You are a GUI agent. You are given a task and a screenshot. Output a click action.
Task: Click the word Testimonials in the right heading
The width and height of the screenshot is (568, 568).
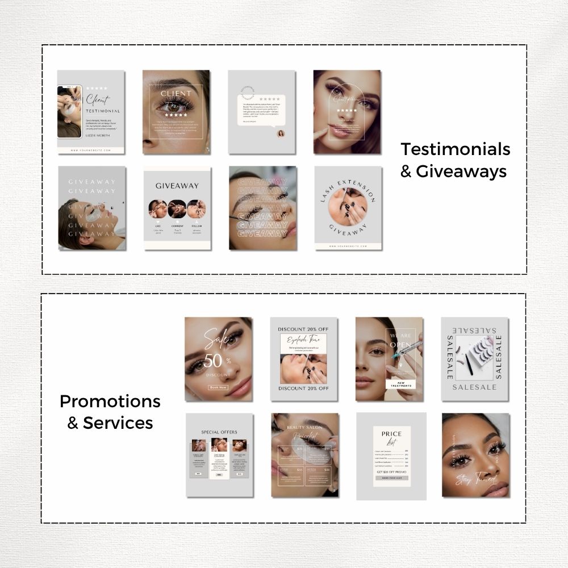pos(456,149)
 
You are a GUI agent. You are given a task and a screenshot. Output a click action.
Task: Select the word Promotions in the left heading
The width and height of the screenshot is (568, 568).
pos(110,402)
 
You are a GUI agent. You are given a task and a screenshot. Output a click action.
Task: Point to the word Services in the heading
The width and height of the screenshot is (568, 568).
pos(118,423)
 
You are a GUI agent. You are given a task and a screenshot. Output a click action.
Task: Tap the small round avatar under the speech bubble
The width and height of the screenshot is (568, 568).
pos(281,134)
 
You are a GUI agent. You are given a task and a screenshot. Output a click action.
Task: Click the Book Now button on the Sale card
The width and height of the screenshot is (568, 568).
pos(218,387)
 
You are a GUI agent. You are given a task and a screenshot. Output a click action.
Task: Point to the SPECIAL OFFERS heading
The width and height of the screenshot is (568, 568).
pos(219,432)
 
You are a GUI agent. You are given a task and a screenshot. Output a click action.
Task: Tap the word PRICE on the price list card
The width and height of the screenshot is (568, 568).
pos(391,434)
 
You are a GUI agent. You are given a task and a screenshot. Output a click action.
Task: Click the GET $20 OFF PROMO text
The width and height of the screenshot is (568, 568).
pos(391,471)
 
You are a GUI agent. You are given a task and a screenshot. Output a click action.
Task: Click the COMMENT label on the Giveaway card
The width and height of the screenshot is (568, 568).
pos(177,226)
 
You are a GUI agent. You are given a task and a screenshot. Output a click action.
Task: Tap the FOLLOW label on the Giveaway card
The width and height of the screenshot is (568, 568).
pos(196,226)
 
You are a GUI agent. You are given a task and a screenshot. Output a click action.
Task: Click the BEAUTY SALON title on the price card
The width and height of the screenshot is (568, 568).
pos(304,427)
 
